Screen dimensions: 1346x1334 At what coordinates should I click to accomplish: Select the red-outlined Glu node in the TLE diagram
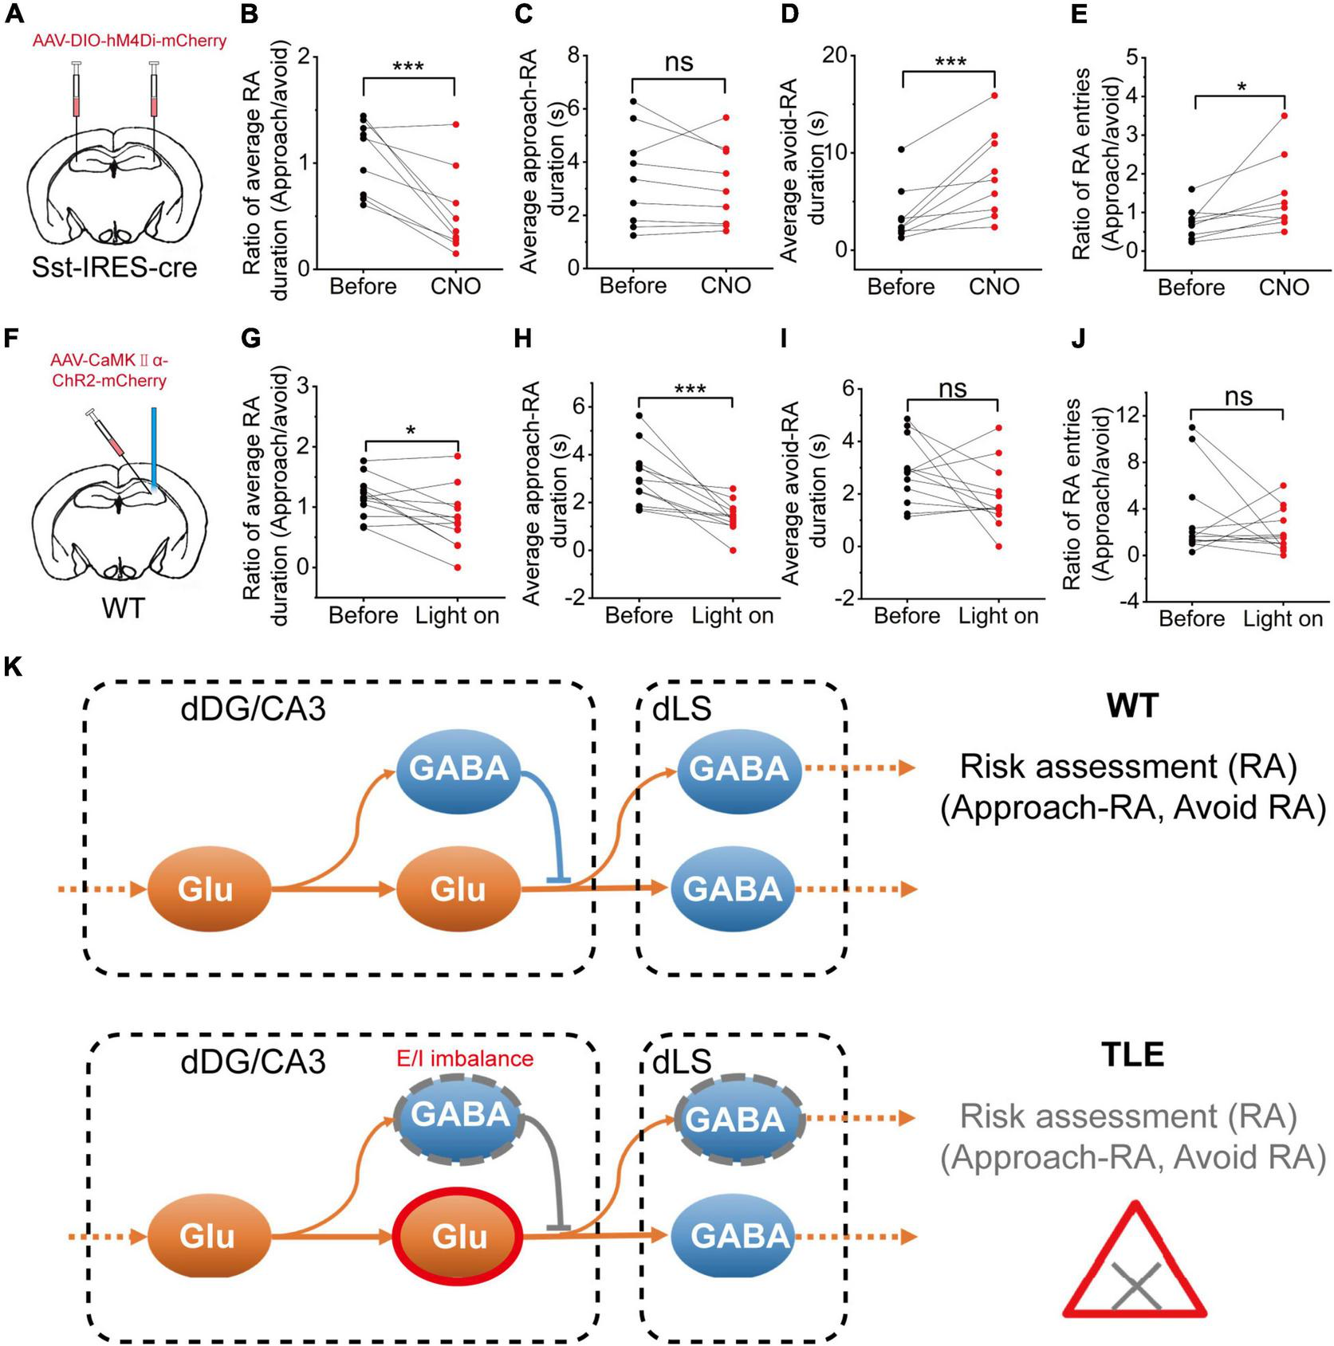458,1237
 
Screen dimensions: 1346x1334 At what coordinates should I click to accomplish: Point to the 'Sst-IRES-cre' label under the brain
114,267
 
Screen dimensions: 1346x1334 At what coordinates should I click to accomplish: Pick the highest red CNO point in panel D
995,96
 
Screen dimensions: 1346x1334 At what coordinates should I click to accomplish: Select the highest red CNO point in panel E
1284,116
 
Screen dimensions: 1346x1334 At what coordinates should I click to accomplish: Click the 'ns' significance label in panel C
679,62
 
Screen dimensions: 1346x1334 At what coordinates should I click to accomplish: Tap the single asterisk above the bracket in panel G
411,431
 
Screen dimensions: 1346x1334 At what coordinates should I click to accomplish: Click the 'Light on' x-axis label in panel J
1282,618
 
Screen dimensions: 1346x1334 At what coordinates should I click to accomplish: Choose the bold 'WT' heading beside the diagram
1133,705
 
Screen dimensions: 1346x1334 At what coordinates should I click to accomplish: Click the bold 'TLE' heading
1132,1054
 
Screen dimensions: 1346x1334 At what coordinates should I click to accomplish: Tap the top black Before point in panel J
1191,427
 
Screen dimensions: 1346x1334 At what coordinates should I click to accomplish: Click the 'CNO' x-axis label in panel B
455,286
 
